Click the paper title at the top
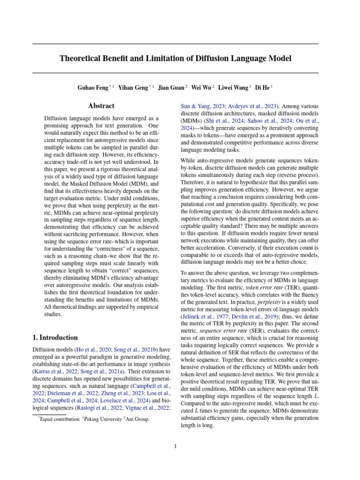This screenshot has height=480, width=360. click(x=175, y=59)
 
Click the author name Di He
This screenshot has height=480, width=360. click(x=263, y=87)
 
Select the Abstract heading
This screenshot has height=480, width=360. click(x=101, y=106)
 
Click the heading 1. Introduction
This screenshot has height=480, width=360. click(x=55, y=337)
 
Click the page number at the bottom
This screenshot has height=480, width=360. click(x=175, y=446)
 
